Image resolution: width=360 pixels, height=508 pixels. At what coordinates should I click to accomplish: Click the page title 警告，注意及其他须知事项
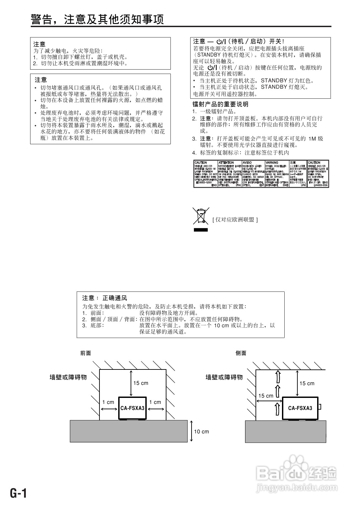(x=97, y=19)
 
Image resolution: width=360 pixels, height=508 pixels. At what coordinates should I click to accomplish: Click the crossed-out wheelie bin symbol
(x=201, y=216)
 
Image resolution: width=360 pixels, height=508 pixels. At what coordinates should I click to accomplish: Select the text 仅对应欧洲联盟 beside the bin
(x=235, y=220)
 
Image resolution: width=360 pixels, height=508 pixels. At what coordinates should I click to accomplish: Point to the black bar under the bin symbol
(x=201, y=230)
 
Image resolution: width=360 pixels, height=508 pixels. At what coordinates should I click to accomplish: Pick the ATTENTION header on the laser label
(x=226, y=163)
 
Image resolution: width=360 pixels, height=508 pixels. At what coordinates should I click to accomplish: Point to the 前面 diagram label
(x=85, y=353)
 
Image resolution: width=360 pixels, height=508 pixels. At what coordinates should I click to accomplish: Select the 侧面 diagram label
(x=241, y=353)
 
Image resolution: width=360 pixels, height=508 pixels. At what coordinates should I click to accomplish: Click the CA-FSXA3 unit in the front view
(x=133, y=408)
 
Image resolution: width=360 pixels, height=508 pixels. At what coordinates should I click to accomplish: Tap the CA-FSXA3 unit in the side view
(x=300, y=408)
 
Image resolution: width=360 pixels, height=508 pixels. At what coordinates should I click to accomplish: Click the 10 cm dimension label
(x=201, y=432)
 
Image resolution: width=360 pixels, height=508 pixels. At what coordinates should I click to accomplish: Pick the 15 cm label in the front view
(x=141, y=383)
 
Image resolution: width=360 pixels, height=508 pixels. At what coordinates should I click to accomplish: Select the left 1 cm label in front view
(x=108, y=402)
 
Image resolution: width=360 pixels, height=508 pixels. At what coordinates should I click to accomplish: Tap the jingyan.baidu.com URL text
(x=296, y=489)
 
